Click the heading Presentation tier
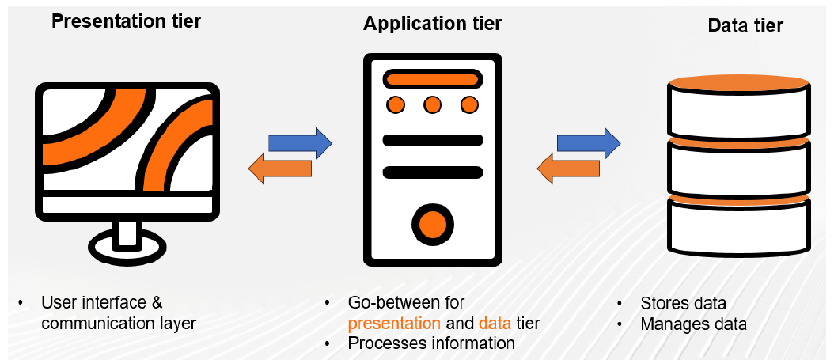click(x=126, y=21)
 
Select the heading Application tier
click(x=432, y=24)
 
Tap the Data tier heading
click(x=745, y=25)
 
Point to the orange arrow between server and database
click(x=568, y=168)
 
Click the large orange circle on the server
click(x=432, y=224)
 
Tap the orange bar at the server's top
click(x=432, y=79)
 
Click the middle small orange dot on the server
click(x=432, y=104)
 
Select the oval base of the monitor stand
click(x=127, y=248)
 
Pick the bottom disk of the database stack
click(x=738, y=228)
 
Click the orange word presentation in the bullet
click(x=394, y=323)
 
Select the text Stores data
click(x=683, y=304)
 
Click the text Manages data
click(x=693, y=324)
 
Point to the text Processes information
click(x=431, y=343)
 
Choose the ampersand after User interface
click(x=157, y=303)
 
